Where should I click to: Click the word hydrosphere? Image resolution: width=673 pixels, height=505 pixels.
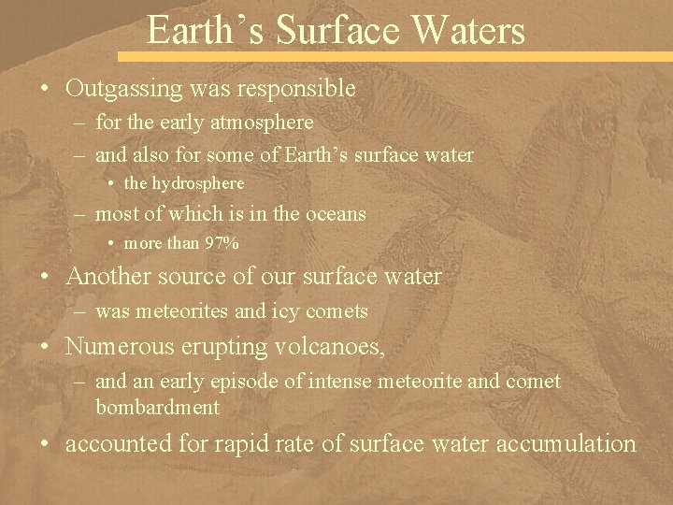(198, 183)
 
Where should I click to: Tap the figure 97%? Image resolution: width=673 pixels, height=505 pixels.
(222, 243)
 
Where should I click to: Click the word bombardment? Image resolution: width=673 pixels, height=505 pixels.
(157, 408)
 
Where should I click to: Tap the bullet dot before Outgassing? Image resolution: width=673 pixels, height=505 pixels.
(45, 90)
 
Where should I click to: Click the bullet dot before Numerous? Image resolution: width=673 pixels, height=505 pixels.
(45, 347)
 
